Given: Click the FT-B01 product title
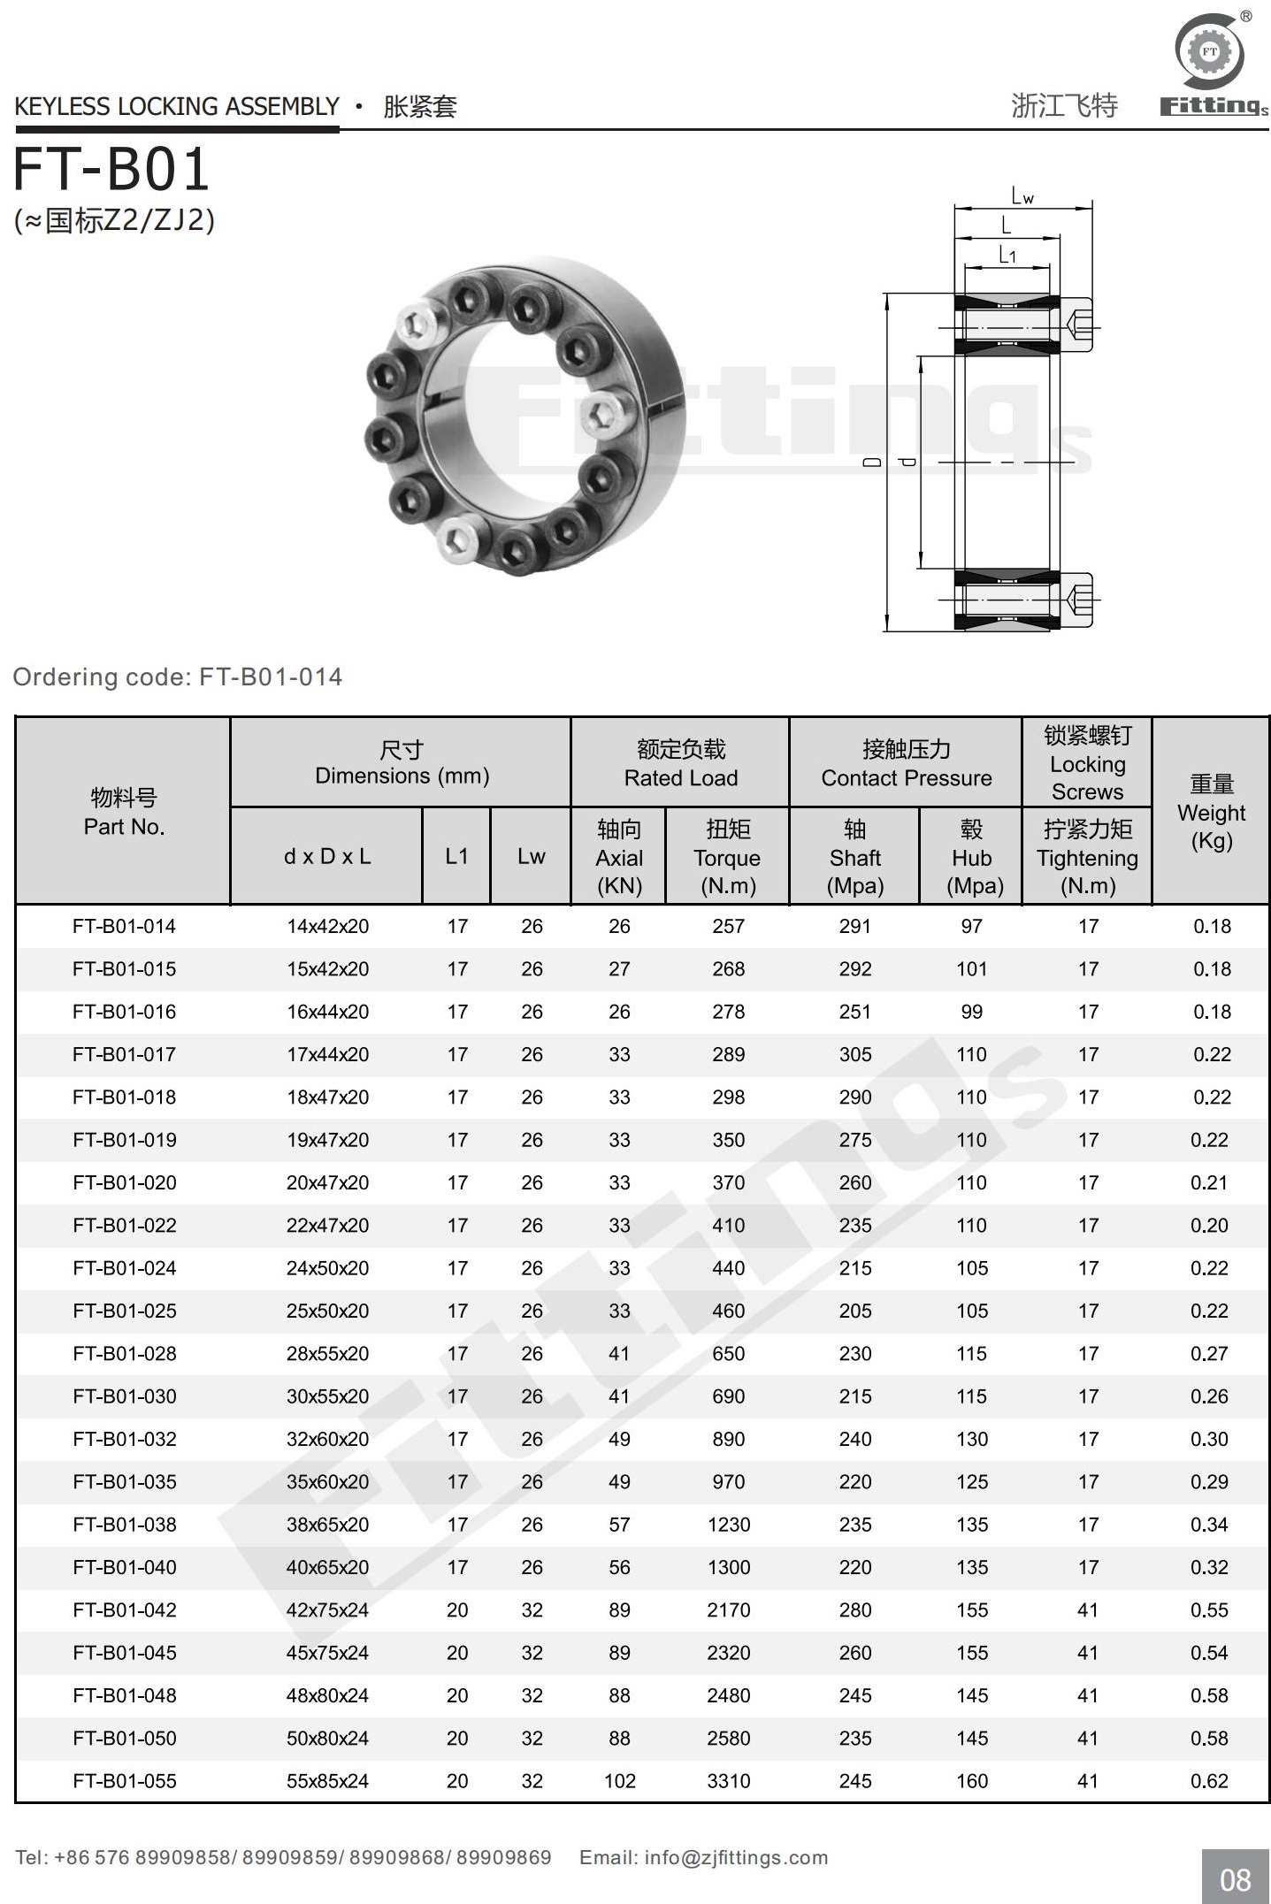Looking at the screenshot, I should click(111, 170).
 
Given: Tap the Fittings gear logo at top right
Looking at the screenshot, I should click(1209, 53).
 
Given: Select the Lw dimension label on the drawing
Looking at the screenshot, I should click(1022, 196).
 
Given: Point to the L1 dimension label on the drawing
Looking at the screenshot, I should click(1007, 256).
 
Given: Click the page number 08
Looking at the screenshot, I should click(1235, 1879).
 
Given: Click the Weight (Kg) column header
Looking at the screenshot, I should click(1211, 812).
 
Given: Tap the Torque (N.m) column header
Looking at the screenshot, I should click(728, 857).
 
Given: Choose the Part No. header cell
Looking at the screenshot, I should click(124, 812).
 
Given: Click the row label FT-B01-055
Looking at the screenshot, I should click(125, 1780).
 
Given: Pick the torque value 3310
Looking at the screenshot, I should click(728, 1780).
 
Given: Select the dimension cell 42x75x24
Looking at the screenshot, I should click(327, 1610).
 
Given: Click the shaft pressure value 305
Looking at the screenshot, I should click(855, 1054).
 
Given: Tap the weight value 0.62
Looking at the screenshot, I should click(1209, 1780).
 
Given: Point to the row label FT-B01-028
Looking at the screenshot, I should click(125, 1353).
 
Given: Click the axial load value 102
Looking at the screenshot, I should click(619, 1780).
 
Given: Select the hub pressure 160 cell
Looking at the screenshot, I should click(971, 1780).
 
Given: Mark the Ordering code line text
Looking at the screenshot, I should click(177, 677).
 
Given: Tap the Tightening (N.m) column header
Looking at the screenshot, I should click(1087, 857).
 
